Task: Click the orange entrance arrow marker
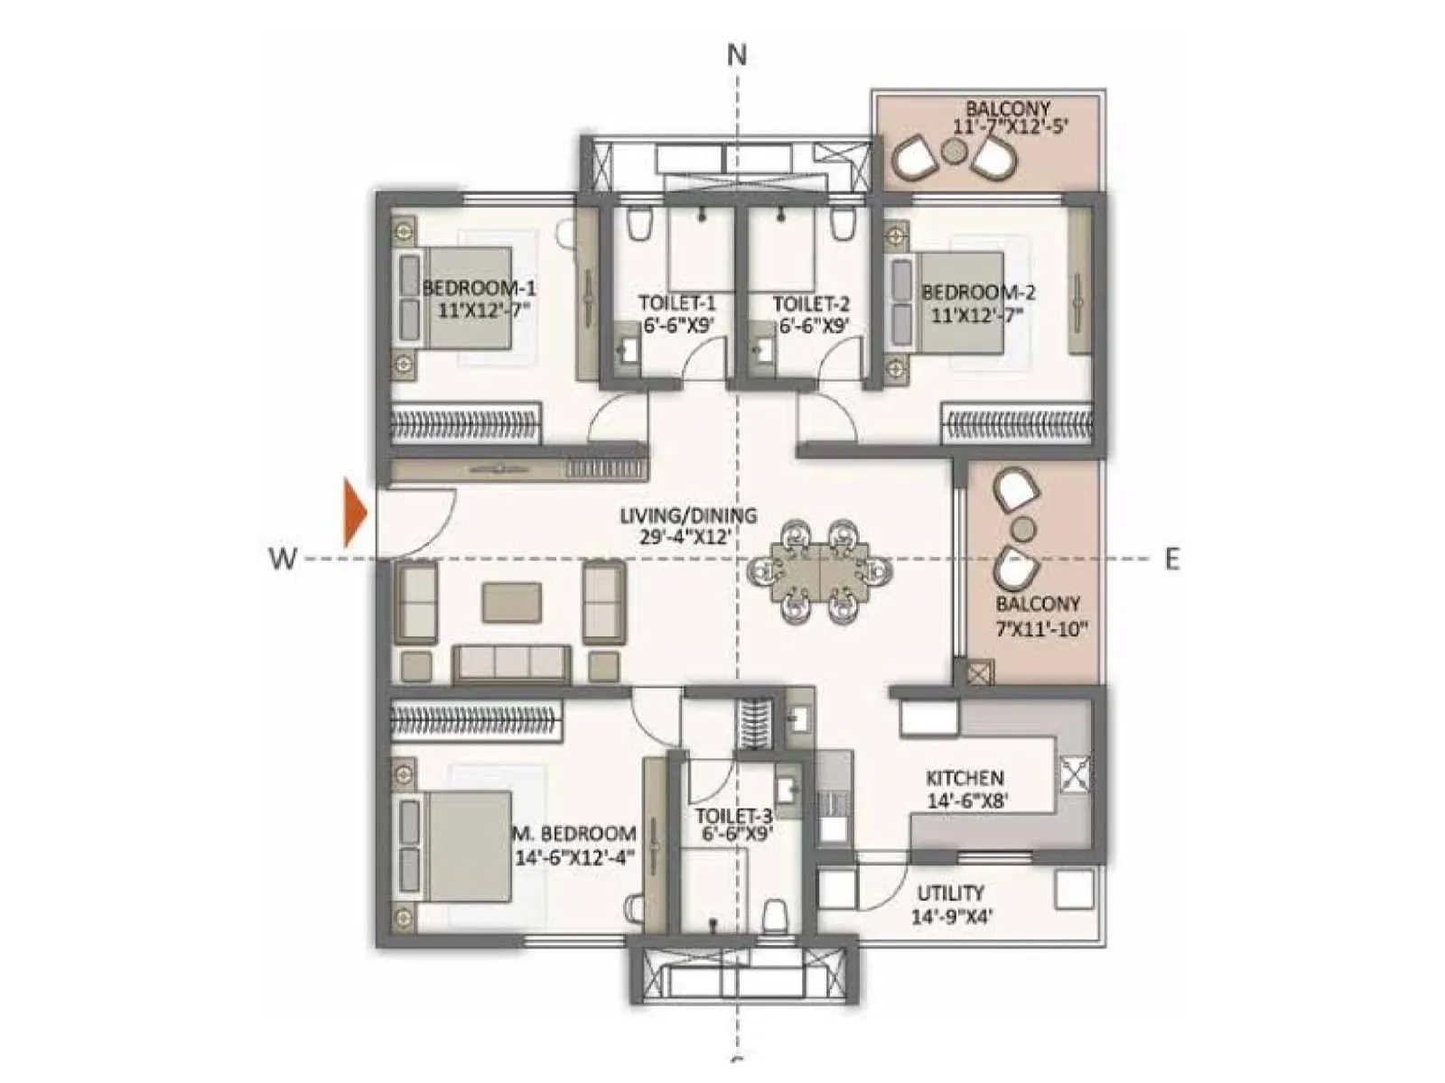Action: (354, 514)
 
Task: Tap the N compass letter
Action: (737, 55)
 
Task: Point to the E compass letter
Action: (1171, 560)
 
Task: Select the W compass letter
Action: (283, 560)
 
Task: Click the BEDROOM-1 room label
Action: (479, 289)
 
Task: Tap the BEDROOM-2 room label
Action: (978, 292)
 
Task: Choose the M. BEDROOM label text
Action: (574, 833)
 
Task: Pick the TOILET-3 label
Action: (734, 815)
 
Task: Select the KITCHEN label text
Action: (965, 777)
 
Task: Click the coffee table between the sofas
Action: (512, 602)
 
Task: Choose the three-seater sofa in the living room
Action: (512, 663)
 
